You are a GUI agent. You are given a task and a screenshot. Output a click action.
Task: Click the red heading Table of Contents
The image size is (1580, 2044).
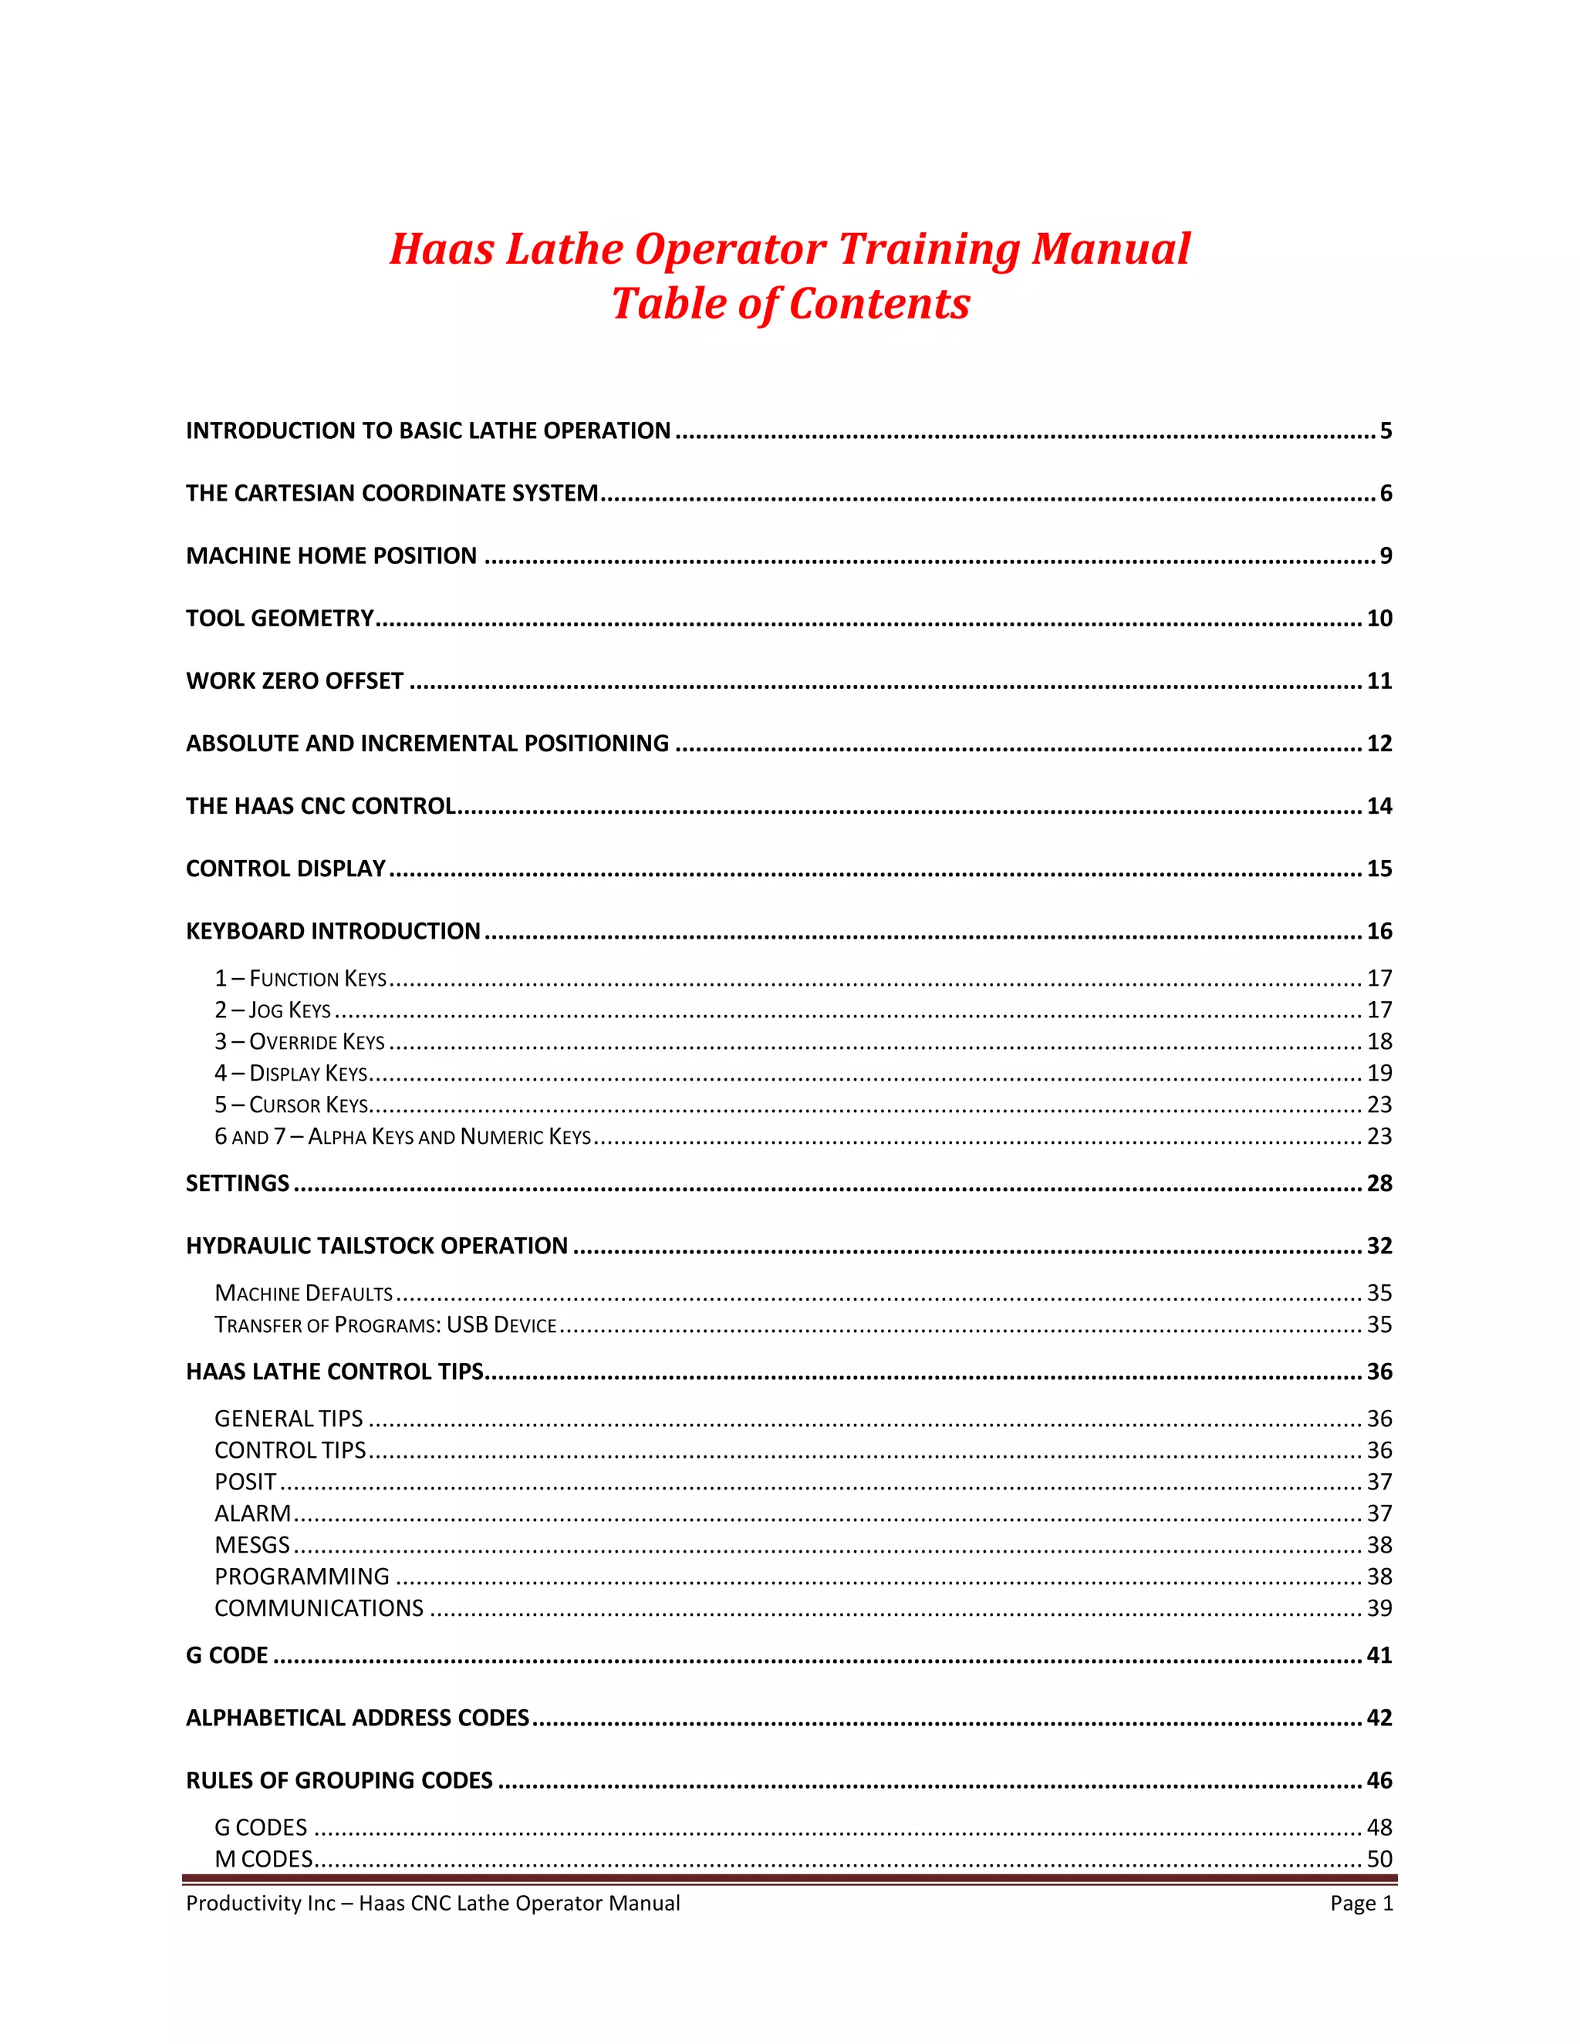pyautogui.click(x=790, y=304)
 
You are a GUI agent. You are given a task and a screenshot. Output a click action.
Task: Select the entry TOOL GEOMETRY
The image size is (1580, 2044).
pyautogui.click(x=279, y=618)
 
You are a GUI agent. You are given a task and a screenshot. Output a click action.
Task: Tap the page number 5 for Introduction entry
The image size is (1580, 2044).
pyautogui.click(x=1386, y=430)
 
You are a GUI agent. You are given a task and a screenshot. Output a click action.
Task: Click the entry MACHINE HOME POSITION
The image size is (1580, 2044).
pyautogui.click(x=331, y=556)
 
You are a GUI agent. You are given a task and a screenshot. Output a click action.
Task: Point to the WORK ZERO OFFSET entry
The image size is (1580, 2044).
pyautogui.click(x=294, y=680)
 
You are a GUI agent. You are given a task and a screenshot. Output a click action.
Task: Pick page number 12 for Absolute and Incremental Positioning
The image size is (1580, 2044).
pyautogui.click(x=1379, y=743)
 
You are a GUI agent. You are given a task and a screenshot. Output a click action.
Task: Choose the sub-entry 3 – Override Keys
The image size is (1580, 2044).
pyautogui.click(x=299, y=1041)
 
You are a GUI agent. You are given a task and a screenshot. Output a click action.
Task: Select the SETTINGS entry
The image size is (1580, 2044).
pyautogui.click(x=237, y=1183)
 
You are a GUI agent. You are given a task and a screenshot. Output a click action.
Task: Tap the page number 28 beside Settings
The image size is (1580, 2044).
pyautogui.click(x=1379, y=1183)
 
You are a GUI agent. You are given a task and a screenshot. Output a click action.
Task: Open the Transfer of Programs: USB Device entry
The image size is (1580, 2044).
pyautogui.click(x=385, y=1324)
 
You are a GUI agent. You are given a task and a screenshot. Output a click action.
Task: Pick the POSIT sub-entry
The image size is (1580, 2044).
pyautogui.click(x=245, y=1482)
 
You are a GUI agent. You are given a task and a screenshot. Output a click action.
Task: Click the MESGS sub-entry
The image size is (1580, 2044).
pyautogui.click(x=252, y=1544)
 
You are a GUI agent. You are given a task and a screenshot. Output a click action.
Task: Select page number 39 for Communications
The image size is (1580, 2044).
pyautogui.click(x=1379, y=1608)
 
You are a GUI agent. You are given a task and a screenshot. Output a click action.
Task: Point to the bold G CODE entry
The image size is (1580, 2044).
pyautogui.click(x=227, y=1654)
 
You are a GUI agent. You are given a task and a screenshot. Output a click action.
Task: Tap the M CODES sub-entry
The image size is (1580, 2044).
pyautogui.click(x=263, y=1859)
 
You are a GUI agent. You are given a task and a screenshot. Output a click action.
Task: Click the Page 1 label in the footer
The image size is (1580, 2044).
pyautogui.click(x=1361, y=1903)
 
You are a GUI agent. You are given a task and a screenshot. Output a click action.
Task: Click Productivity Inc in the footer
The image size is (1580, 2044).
pyautogui.click(x=260, y=1903)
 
